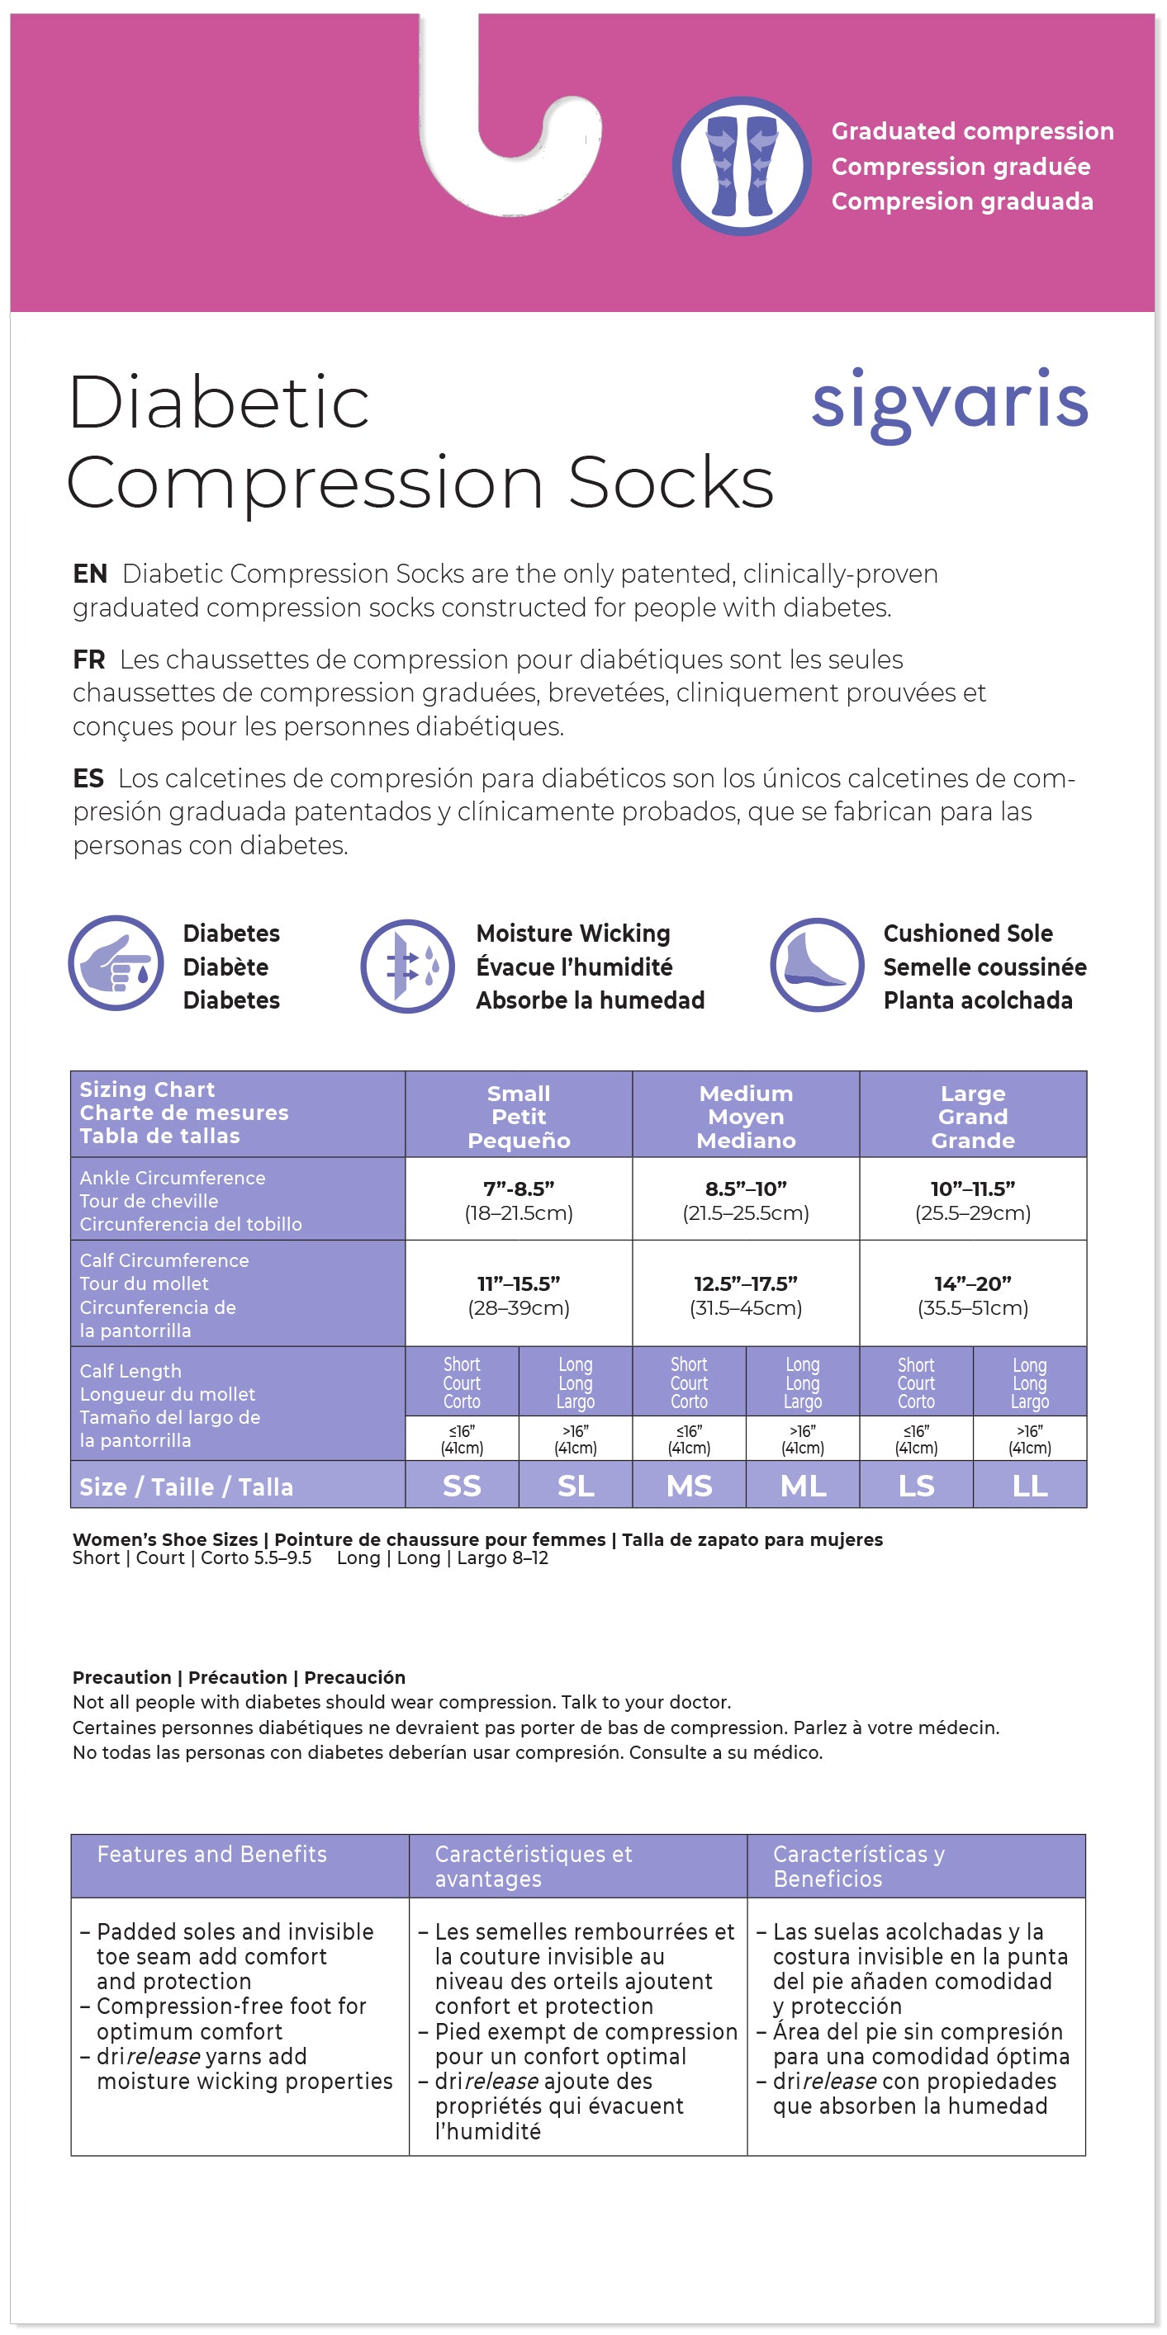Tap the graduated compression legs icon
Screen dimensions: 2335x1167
click(x=742, y=167)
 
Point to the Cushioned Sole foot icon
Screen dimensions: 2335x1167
click(x=816, y=964)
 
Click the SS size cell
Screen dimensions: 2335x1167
click(x=462, y=1486)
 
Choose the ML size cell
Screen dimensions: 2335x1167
click(x=803, y=1486)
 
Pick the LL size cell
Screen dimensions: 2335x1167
click(x=1029, y=1486)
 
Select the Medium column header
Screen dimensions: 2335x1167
click(x=745, y=1116)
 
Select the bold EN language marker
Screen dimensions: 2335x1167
click(x=90, y=574)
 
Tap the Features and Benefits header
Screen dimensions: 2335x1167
click(x=211, y=1854)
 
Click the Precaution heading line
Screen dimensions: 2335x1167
click(x=239, y=1677)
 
